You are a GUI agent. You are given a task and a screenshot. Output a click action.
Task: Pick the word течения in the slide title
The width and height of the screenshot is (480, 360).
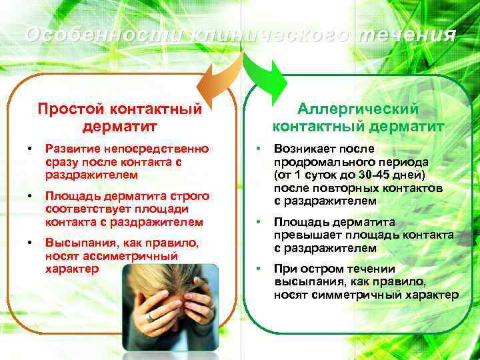(407, 35)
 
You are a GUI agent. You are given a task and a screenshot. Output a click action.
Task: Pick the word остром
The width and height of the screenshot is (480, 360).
(322, 269)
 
